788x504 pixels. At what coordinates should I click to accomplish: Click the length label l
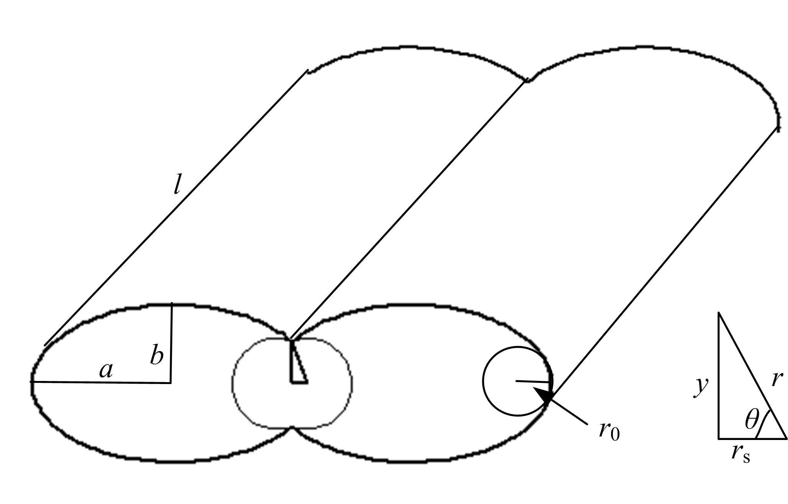click(x=177, y=186)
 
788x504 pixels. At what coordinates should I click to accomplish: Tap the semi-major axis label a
click(x=106, y=371)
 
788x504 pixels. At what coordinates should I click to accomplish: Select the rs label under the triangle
click(x=740, y=454)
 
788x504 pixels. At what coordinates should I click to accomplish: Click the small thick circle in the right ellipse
click(x=518, y=381)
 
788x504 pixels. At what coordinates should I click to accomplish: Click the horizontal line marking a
click(x=101, y=382)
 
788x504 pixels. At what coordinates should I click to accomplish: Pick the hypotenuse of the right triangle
click(x=752, y=375)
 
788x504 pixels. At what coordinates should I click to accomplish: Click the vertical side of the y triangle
click(x=718, y=375)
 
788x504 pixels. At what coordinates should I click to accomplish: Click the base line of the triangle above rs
click(x=752, y=438)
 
